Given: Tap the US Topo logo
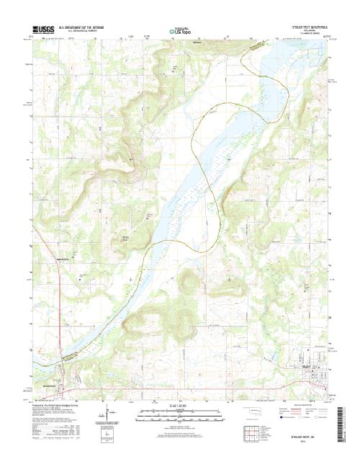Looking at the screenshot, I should [181, 31].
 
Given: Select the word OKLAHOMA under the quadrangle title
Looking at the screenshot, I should [309, 30].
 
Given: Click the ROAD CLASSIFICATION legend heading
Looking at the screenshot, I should [302, 407].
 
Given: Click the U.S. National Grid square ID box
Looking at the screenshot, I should [108, 435].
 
